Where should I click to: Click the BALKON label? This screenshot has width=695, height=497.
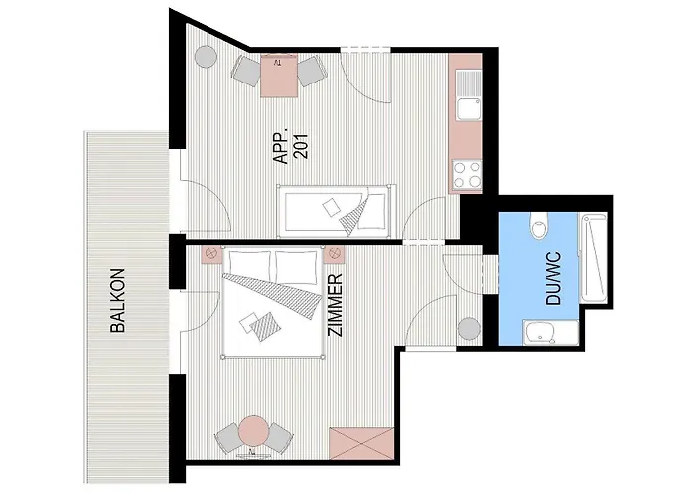[x=118, y=300]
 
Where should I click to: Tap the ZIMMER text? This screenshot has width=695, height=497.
[x=335, y=305]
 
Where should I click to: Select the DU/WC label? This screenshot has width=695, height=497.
[x=554, y=278]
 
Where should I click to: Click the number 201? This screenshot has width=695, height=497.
[x=302, y=146]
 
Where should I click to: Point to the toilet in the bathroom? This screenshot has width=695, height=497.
[x=539, y=225]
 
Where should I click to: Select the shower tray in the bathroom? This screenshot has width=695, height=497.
[x=593, y=258]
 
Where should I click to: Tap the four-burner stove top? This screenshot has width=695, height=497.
[x=467, y=174]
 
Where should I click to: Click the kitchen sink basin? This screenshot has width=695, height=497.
[x=469, y=108]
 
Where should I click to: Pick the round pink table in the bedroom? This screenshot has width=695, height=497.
[x=253, y=430]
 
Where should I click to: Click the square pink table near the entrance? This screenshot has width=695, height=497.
[x=278, y=75]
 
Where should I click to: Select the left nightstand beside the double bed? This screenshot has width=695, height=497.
[x=211, y=254]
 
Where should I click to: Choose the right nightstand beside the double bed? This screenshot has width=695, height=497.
[x=334, y=254]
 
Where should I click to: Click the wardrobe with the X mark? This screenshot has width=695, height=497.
[x=361, y=443]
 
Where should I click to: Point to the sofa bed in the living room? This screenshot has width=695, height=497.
[x=335, y=211]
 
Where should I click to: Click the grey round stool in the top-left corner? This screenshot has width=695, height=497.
[x=206, y=57]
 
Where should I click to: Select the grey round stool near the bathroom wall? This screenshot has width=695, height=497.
[x=469, y=329]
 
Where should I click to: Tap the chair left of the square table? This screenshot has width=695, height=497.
[x=247, y=71]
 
